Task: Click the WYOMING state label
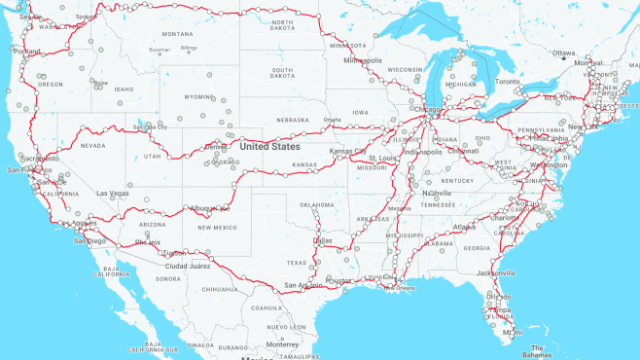pyautogui.click(x=198, y=97)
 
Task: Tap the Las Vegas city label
pyautogui.click(x=113, y=193)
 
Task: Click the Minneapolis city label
pyautogui.click(x=363, y=60)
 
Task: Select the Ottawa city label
pyautogui.click(x=563, y=53)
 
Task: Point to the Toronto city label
pyautogui.click(x=509, y=82)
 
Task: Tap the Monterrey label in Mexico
pyautogui.click(x=282, y=344)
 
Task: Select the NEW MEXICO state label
pyautogui.click(x=217, y=228)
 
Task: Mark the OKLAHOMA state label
pyautogui.click(x=317, y=205)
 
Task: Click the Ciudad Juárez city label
pyautogui.click(x=189, y=266)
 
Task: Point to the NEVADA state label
pyautogui.click(x=92, y=146)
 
